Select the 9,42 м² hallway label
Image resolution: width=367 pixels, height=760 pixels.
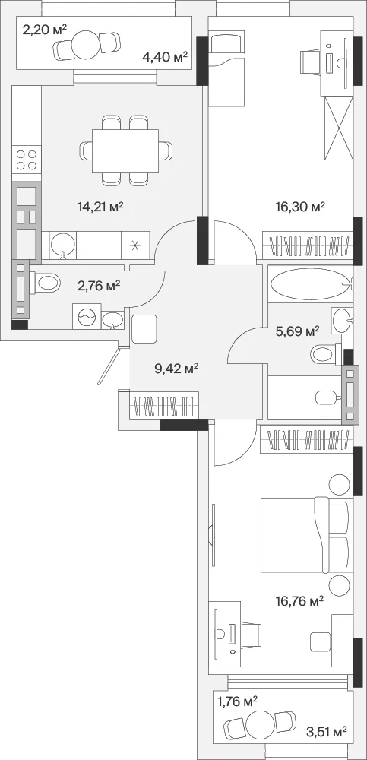tap(176, 369)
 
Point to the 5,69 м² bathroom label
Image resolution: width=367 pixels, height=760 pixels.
tap(297, 331)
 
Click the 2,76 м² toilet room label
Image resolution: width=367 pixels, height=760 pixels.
tap(99, 286)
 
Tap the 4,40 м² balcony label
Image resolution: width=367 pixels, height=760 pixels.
tap(165, 58)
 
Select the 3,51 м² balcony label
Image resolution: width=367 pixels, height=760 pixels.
tap(327, 730)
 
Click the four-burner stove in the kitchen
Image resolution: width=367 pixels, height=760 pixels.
tap(27, 160)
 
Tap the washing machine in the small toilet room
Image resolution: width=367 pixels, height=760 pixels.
tap(87, 316)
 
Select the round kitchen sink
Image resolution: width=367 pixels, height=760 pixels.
tap(63, 245)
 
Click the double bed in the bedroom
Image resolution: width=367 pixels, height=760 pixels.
tap(305, 534)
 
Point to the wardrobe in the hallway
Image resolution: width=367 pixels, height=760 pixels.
tap(164, 405)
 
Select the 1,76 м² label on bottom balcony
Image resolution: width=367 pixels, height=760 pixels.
tap(237, 701)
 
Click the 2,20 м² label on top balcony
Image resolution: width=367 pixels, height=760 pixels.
tap(43, 30)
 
